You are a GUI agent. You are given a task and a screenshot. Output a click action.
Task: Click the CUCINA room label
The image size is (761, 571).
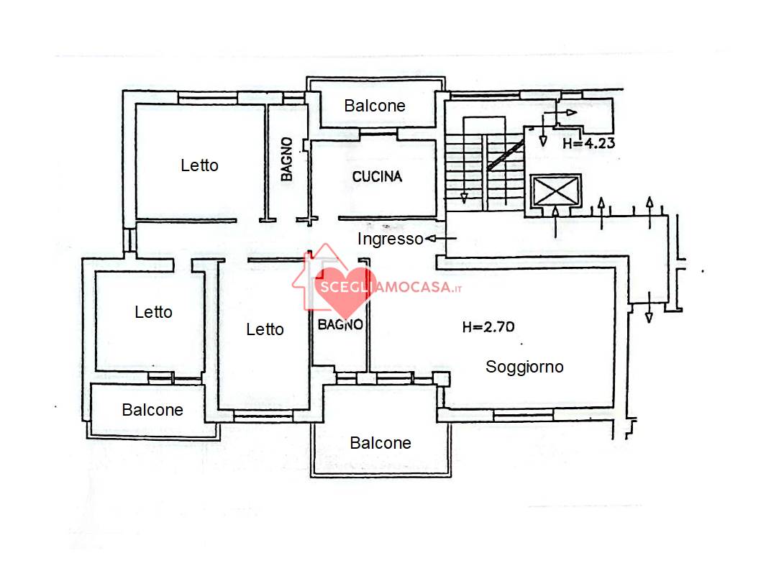[x=377, y=177]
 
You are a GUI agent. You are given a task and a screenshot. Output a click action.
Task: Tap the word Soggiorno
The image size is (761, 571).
[x=524, y=367]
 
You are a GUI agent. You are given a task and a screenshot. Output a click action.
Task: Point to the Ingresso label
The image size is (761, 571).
[x=390, y=239]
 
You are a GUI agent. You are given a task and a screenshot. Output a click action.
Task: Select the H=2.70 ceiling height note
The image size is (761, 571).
[x=488, y=327]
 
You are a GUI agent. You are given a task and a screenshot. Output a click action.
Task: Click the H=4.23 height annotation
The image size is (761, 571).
[x=588, y=143]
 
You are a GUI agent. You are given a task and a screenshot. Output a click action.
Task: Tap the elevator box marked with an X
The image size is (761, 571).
[x=555, y=191]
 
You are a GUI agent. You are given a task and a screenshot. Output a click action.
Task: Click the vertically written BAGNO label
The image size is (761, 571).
[x=287, y=159]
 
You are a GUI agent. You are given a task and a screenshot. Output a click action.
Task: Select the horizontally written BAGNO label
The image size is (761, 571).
[x=340, y=324]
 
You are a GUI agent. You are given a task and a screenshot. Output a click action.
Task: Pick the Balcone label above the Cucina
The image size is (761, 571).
[x=375, y=106]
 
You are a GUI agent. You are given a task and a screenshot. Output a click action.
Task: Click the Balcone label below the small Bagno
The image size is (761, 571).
[x=380, y=443]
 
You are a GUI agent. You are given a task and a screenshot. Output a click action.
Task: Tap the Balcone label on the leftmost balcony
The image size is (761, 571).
[x=152, y=410]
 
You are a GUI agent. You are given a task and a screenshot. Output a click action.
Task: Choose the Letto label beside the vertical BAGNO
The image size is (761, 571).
[x=199, y=165]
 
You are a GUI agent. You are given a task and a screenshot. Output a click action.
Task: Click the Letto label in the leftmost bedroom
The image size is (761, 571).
[x=153, y=312]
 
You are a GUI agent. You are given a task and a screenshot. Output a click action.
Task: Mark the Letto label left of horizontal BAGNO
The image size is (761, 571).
[x=265, y=329]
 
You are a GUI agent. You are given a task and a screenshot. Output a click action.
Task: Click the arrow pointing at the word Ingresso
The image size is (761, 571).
[x=441, y=239]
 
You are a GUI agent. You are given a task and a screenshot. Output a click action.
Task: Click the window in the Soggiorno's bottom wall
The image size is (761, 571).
[x=523, y=415]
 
